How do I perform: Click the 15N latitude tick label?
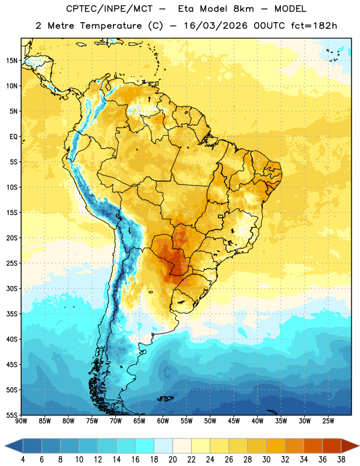coord(12,61)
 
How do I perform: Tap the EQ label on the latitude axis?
coord(13,137)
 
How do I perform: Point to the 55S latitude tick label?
coord(12,415)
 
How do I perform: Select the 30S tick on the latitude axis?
coord(12,288)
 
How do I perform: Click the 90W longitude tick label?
coord(21,421)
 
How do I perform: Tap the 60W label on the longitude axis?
coord(163,421)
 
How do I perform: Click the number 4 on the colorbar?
coord(23,460)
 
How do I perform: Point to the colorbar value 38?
coord(341,460)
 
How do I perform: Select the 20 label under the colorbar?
coord(172,460)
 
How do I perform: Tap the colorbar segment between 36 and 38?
coord(332,446)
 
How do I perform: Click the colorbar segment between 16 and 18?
coord(145,446)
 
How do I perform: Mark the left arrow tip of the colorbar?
coord(5,446)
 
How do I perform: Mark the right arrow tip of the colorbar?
coord(359,446)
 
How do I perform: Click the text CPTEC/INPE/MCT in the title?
coord(110,9)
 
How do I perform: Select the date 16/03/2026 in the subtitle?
coord(216,26)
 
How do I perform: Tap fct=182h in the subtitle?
coord(314,26)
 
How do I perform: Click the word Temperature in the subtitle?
coord(111,26)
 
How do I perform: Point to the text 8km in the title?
coord(243,9)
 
